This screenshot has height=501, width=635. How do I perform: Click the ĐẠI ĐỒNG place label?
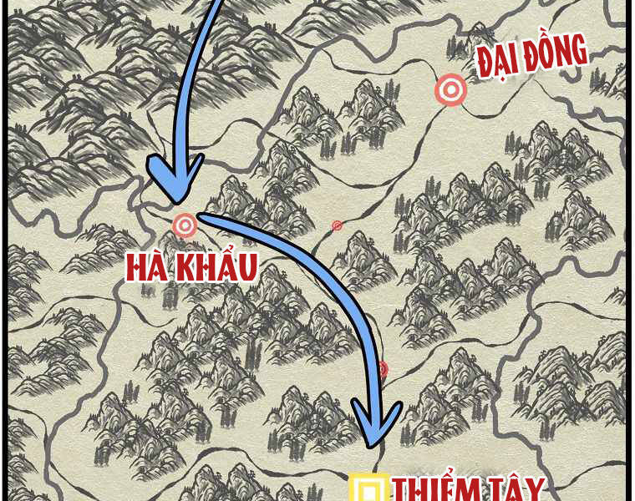click(x=532, y=59)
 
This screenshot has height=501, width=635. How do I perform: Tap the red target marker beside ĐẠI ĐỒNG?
click(x=451, y=89)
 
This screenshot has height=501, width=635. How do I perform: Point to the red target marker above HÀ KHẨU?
click(x=184, y=225)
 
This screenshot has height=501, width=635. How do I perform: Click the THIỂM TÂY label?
click(x=469, y=489)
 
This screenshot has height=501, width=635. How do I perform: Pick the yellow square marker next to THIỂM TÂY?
click(x=368, y=488)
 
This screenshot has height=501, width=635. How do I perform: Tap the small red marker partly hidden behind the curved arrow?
click(x=383, y=369)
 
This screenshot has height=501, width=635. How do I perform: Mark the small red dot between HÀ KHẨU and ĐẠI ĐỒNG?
click(x=337, y=225)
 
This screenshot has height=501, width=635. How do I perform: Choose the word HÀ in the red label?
click(x=148, y=267)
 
